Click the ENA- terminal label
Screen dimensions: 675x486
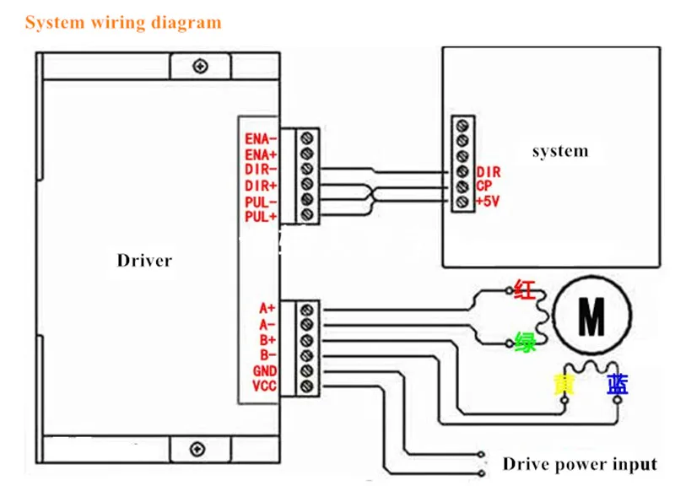click(261, 139)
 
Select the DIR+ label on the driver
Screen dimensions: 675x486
click(261, 186)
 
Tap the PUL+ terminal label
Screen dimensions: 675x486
click(261, 217)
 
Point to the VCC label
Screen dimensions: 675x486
click(264, 386)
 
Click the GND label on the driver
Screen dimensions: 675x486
click(265, 370)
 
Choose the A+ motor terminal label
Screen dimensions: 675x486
click(267, 308)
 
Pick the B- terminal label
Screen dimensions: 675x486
click(267, 355)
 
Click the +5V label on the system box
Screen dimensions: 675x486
click(488, 201)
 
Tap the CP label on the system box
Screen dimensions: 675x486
click(483, 186)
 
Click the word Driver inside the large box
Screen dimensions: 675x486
click(144, 261)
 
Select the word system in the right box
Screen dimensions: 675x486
click(560, 151)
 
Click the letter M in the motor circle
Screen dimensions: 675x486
click(592, 316)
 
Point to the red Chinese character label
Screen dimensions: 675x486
click(525, 289)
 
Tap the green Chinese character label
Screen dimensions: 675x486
click(526, 343)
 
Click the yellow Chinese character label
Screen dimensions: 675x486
click(564, 385)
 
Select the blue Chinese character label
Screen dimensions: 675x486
click(618, 385)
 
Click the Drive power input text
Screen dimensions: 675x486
click(580, 464)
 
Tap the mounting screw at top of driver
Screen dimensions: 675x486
click(201, 67)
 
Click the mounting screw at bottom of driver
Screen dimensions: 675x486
click(197, 449)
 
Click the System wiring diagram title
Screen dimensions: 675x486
click(123, 23)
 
